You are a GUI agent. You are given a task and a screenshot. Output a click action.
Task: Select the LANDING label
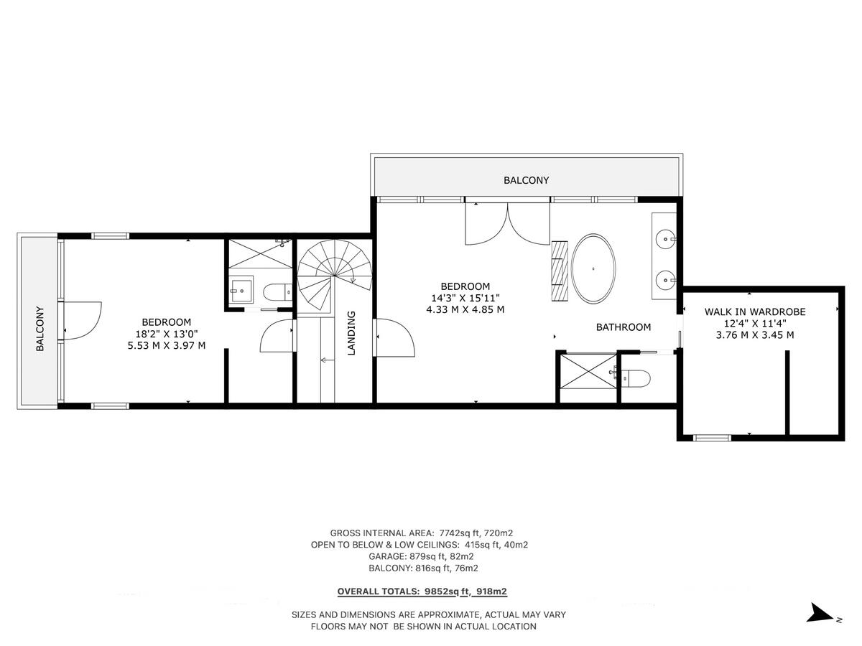[351, 332]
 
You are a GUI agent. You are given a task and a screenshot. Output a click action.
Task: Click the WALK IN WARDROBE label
[754, 312]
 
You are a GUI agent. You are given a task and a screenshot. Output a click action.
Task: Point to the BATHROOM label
[624, 327]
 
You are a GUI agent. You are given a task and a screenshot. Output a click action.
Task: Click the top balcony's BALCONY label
[526, 180]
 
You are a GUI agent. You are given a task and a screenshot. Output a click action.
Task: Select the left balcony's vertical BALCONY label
[40, 329]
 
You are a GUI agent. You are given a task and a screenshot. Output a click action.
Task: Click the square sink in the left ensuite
[240, 291]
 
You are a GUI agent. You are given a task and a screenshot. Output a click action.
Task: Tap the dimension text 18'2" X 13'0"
[166, 334]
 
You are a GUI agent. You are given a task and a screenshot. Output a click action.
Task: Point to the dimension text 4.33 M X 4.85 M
[465, 310]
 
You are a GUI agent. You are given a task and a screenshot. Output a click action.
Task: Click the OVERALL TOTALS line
[422, 592]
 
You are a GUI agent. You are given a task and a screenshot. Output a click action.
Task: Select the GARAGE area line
[422, 556]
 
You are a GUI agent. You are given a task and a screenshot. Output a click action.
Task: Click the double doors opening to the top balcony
[507, 223]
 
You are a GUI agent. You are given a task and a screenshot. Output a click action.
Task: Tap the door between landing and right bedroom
[394, 337]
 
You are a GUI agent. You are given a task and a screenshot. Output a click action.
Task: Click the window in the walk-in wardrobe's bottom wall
[713, 436]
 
